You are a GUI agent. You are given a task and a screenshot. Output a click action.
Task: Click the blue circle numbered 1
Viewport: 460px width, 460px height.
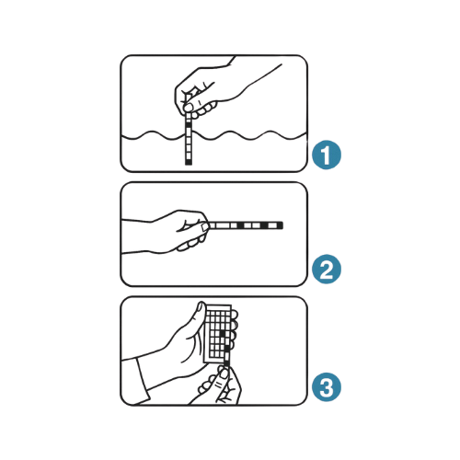[327, 155]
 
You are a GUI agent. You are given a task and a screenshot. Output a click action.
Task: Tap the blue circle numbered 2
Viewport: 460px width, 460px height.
[327, 270]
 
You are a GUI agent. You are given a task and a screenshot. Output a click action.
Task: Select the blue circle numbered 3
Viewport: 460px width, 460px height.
[327, 387]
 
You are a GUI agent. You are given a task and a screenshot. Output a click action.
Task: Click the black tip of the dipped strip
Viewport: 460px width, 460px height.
[189, 162]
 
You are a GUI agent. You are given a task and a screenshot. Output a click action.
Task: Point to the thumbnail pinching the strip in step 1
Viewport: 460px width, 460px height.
[189, 107]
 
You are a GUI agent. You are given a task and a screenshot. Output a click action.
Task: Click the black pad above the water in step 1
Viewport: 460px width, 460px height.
[189, 125]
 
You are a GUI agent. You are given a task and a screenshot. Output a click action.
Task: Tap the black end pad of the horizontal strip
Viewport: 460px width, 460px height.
[281, 225]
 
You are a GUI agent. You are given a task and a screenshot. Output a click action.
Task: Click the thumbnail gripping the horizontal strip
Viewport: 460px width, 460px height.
[205, 226]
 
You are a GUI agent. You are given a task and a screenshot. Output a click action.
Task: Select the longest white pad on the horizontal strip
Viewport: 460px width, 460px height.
[223, 225]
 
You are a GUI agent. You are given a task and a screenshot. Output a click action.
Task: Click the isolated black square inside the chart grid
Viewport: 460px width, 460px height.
[222, 333]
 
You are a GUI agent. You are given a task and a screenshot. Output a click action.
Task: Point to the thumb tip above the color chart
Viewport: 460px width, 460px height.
[201, 306]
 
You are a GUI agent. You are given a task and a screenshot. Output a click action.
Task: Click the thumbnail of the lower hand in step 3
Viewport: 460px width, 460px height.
[224, 374]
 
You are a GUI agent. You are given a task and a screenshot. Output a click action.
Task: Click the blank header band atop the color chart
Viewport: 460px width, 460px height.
[218, 308]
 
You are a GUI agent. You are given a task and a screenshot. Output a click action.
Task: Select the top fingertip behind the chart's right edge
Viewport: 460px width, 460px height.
[235, 315]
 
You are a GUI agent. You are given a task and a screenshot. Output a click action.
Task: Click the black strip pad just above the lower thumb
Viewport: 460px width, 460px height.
[226, 363]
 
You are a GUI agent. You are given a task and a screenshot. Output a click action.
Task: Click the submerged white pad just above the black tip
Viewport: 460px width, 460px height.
[189, 155]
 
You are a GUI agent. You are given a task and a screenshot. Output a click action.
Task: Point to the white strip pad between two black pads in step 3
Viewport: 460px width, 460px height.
[226, 356]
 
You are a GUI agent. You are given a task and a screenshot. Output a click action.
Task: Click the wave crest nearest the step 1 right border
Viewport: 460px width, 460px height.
[270, 132]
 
